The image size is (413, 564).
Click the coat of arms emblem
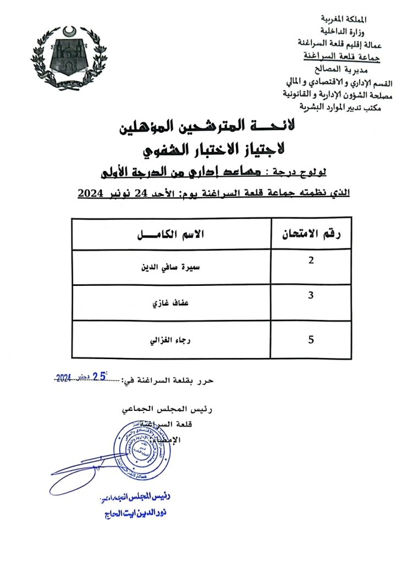coord(69,59)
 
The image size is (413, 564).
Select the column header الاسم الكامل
coord(170,235)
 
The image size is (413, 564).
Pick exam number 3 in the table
coord(311,296)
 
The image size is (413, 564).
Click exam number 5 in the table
coord(311,340)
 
